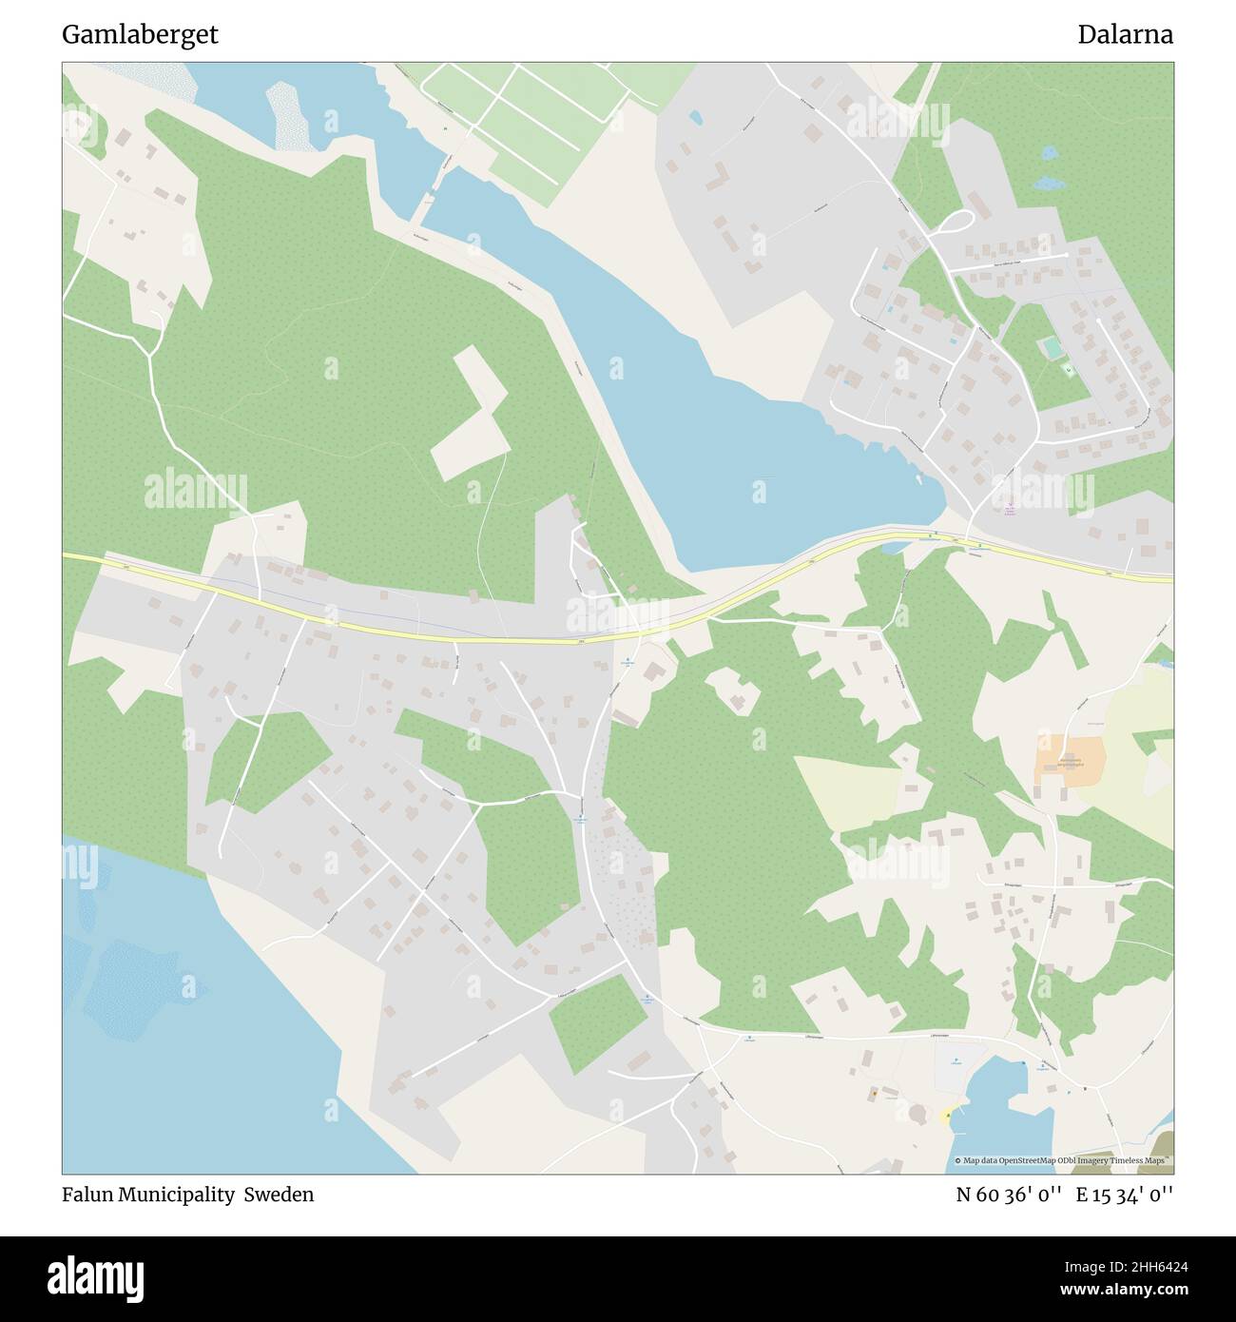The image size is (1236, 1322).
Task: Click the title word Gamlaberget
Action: point(140,35)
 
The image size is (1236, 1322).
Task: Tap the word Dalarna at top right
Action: point(1125,35)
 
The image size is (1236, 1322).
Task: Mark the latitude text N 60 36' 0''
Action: point(1011,1195)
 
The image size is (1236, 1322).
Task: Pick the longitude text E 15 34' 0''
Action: point(1125,1195)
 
